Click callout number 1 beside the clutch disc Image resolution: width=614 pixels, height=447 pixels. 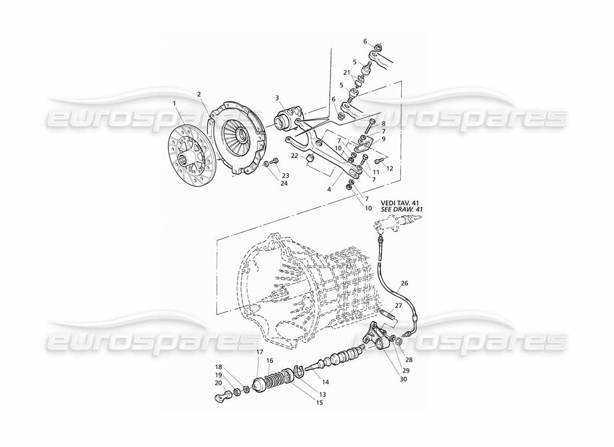[x=175, y=103]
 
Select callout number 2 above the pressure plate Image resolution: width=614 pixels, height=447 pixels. [x=199, y=94]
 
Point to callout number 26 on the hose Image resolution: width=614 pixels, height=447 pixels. [x=404, y=283]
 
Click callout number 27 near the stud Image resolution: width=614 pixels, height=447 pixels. [x=398, y=306]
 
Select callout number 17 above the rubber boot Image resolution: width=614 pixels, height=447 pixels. [x=260, y=352]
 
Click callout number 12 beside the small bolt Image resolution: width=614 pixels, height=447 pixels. [x=390, y=168]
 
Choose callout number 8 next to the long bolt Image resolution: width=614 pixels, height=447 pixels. [x=383, y=124]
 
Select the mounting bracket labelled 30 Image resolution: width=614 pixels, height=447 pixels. [x=375, y=337]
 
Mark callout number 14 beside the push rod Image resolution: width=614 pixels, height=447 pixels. [x=325, y=382]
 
